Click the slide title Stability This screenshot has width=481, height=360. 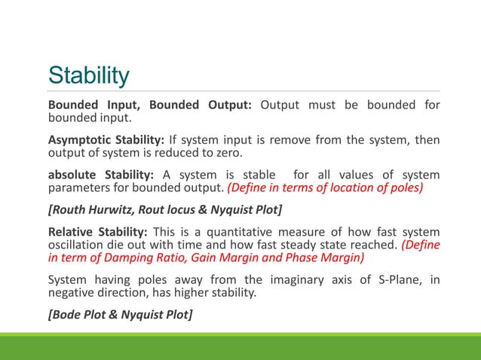89,75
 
